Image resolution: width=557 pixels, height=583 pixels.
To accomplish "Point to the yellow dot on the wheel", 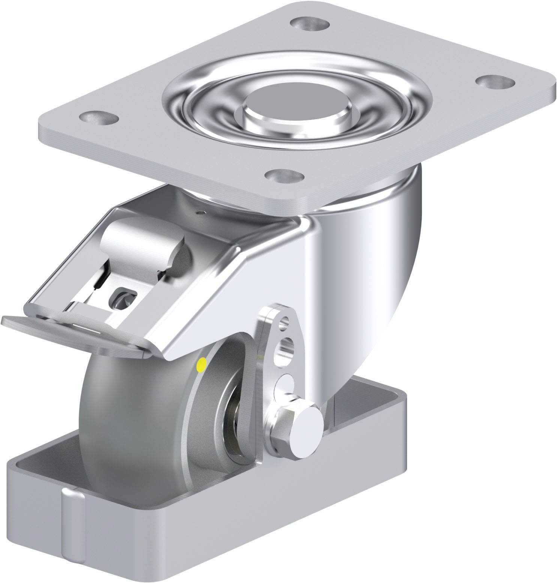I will pos(202,363).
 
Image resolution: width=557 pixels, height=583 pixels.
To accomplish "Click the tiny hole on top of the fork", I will pos(203,213).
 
